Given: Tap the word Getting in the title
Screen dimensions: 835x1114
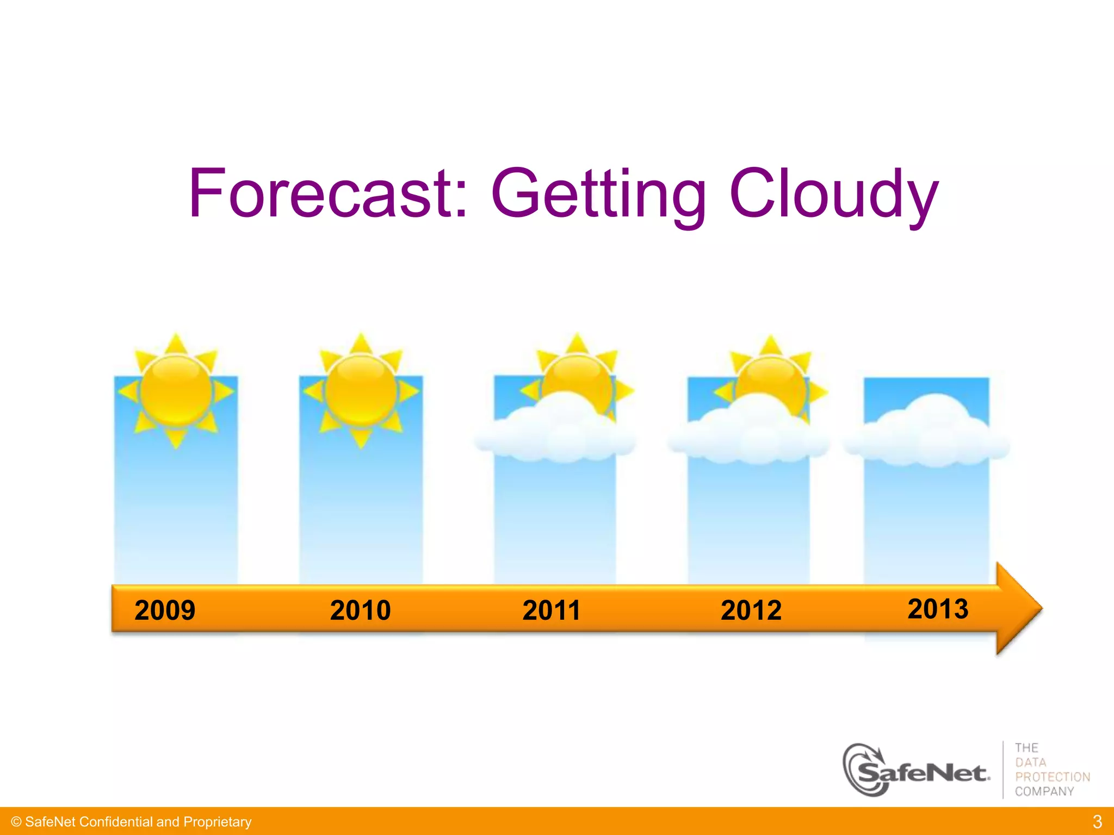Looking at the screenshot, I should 598,194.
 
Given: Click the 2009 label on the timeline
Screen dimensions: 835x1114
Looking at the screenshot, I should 165,610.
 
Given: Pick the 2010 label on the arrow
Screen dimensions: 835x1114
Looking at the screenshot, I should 360,610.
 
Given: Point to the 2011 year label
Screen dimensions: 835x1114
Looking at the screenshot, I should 551,610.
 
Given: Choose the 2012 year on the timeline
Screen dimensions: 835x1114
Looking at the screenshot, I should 751,610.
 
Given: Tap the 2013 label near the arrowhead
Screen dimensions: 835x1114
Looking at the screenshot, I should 938,608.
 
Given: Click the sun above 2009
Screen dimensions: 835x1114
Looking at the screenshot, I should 176,391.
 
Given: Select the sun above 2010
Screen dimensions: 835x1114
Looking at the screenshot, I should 361,391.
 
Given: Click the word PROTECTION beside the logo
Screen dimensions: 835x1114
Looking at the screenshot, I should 1053,777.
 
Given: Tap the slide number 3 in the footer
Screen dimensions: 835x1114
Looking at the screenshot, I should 1097,821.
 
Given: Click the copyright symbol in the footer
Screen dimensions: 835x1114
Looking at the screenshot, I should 16,822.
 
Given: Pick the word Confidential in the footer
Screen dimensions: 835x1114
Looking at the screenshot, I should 116,822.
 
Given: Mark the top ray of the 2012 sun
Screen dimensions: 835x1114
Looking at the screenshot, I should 770,346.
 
